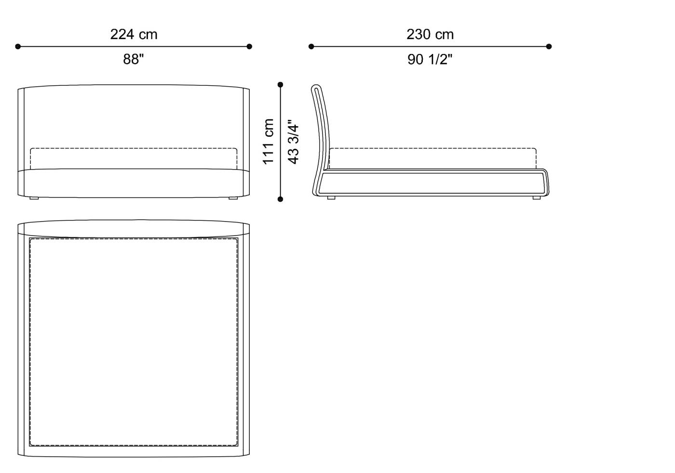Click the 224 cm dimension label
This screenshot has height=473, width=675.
click(134, 34)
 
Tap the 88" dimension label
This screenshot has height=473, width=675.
click(134, 59)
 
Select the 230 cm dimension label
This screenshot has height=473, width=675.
click(430, 34)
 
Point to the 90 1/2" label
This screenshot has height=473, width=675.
click(430, 59)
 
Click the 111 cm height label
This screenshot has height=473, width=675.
click(268, 142)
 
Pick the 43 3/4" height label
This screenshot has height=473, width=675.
click(293, 142)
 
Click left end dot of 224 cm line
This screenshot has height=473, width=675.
click(18, 46)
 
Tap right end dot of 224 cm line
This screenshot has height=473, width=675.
click(249, 46)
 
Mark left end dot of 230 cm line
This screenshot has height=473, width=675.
click(311, 46)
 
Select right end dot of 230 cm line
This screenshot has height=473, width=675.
click(549, 46)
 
